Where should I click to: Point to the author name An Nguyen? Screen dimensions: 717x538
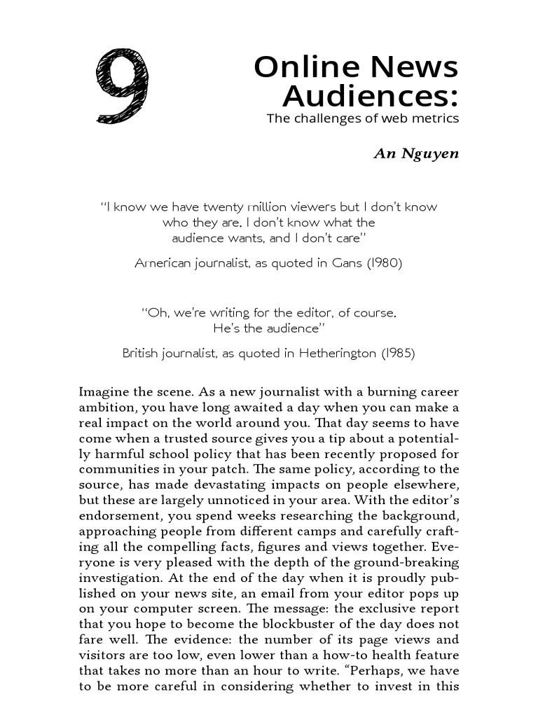416,154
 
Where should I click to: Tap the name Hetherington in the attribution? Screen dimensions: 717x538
337,354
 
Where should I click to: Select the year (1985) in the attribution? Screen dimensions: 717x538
397,354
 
